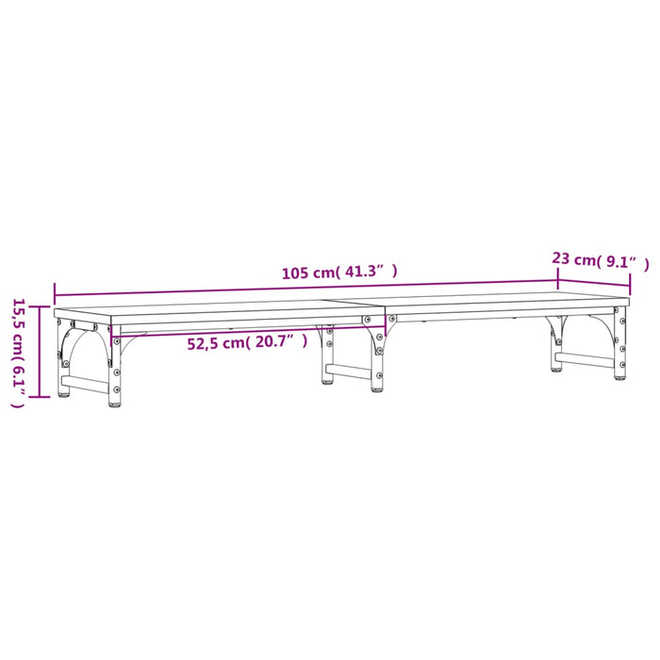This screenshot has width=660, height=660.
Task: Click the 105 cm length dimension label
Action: tap(309, 273)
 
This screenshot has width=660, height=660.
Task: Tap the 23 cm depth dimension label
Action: tap(573, 258)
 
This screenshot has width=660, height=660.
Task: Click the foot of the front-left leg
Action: tap(114, 405)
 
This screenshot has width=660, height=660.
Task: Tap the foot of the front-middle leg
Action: tap(377, 387)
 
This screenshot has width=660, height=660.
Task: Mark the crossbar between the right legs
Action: tap(586, 359)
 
